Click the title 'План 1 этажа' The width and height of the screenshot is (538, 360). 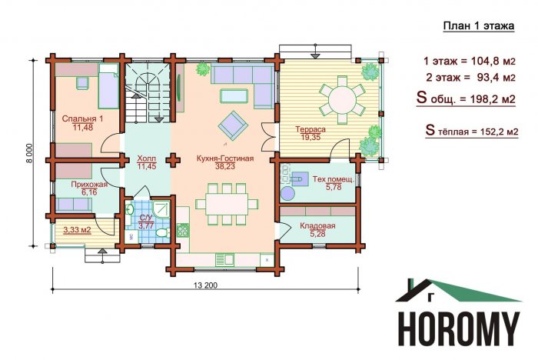(479, 26)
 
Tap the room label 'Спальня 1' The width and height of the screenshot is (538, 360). (82, 119)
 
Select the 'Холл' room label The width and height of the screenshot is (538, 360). (147, 158)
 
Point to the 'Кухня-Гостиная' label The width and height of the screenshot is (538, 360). (225, 158)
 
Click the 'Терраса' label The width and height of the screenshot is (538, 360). (311, 129)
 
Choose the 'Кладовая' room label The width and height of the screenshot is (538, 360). (317, 226)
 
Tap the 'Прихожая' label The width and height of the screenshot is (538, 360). (89, 185)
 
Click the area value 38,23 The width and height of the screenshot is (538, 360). (225, 167)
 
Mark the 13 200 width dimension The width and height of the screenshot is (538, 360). (205, 285)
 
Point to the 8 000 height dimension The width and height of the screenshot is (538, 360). (30, 153)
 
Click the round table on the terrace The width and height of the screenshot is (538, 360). (342, 100)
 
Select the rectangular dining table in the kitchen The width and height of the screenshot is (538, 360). (227, 205)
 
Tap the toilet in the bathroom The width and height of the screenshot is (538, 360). (163, 232)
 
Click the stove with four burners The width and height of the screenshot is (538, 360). (183, 230)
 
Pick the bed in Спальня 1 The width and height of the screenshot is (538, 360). (109, 86)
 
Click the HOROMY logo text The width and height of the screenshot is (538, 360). (460, 328)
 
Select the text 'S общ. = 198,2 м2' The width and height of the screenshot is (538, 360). (466, 98)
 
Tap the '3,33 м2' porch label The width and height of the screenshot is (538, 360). (77, 229)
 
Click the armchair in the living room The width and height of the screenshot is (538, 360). (233, 125)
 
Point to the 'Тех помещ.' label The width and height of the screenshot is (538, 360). (333, 179)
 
